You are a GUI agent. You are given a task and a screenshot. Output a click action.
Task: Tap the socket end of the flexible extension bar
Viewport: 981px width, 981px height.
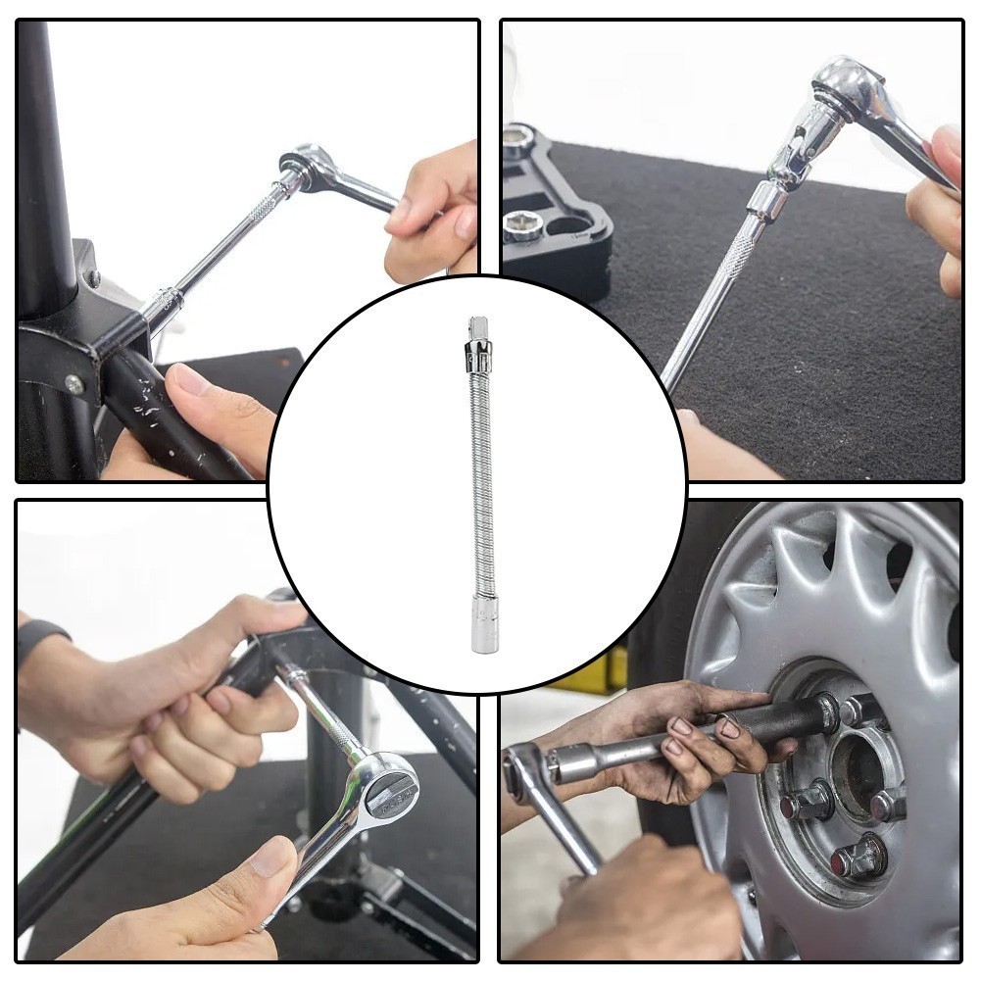(484, 628)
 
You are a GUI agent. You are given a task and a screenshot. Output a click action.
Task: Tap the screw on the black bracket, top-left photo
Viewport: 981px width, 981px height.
(74, 383)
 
